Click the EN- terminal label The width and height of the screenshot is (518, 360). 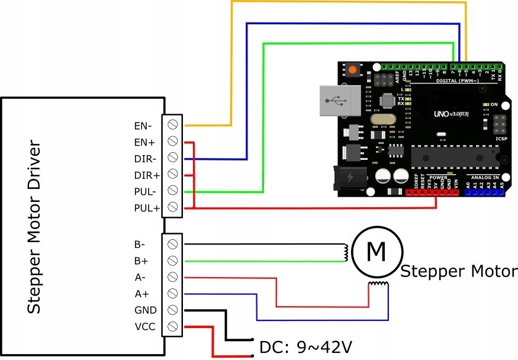pos(143,126)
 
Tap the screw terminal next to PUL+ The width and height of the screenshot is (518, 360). pos(173,207)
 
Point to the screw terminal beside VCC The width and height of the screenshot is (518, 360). pos(173,326)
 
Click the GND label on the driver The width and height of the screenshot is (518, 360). pos(144,309)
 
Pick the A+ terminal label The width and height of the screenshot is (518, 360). pos(143,293)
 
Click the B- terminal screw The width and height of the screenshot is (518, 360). pos(173,244)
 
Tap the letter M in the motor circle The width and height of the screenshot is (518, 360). pos(377,252)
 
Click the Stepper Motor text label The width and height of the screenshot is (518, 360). pos(459,272)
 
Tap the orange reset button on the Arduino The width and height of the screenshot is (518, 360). pos(353,70)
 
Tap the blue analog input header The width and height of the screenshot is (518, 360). pos(485,192)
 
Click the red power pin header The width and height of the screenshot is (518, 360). pos(433,192)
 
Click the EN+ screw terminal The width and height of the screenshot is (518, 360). pos(173,142)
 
